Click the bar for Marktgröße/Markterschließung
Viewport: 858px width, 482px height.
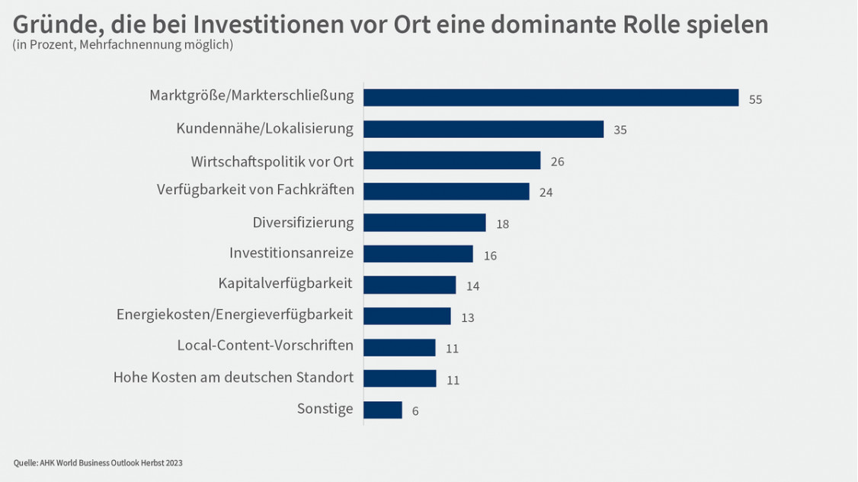click(551, 97)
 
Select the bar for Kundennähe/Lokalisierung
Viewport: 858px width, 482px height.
click(483, 129)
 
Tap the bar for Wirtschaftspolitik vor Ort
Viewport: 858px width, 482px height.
click(452, 161)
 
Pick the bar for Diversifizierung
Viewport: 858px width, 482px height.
click(424, 222)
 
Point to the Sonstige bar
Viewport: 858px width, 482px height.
click(383, 410)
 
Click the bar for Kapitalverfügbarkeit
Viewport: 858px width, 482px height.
click(409, 285)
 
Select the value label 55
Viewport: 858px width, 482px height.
click(755, 99)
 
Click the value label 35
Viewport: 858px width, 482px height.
click(619, 130)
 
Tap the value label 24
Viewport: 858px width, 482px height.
click(546, 193)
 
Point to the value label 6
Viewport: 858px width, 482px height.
click(415, 411)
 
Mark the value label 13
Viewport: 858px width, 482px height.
click(467, 318)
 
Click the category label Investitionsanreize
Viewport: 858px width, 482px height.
click(291, 253)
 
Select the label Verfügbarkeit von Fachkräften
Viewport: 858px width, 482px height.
click(255, 190)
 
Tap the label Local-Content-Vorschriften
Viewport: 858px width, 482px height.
click(265, 346)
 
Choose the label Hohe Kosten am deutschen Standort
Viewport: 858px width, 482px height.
click(233, 377)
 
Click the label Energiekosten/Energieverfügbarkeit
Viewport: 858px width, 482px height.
click(235, 314)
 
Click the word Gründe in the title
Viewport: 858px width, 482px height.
click(51, 25)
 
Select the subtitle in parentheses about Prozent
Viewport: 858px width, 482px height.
click(123, 45)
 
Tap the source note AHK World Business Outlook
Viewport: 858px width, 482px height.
click(98, 462)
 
